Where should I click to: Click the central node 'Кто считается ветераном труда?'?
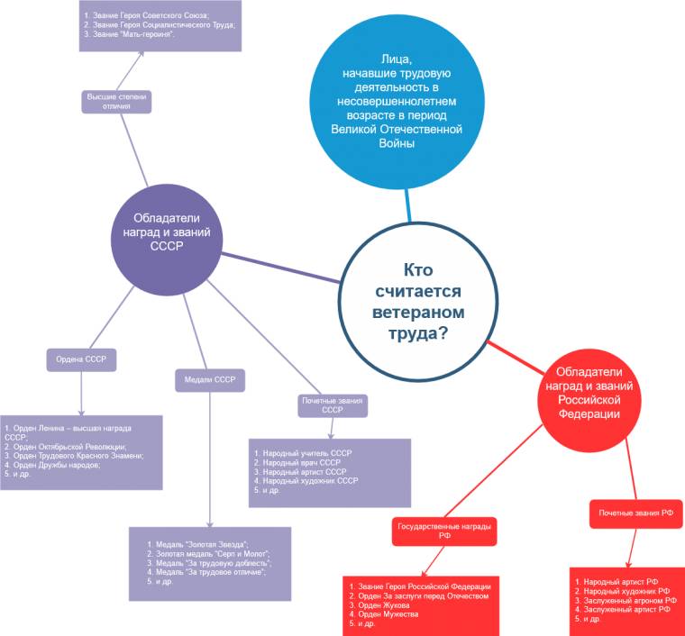pyautogui.click(x=418, y=301)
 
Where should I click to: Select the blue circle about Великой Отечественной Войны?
pyautogui.click(x=397, y=101)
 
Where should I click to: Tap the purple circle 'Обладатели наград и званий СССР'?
pyautogui.click(x=167, y=240)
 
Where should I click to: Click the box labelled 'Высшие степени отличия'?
pyautogui.click(x=116, y=101)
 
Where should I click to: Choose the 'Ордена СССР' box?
pyautogui.click(x=81, y=359)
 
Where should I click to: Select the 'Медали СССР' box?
pyautogui.click(x=210, y=380)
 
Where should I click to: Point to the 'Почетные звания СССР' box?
pyautogui.click(x=333, y=405)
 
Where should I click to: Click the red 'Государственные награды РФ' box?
pyautogui.click(x=444, y=532)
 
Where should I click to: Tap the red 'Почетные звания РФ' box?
pyautogui.click(x=635, y=513)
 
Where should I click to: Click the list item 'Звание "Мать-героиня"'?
pyautogui.click(x=129, y=34)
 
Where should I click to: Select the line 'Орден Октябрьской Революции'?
pyautogui.click(x=66, y=447)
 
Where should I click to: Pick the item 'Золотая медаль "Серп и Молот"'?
pyautogui.click(x=209, y=554)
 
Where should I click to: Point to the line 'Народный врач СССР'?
pyautogui.click(x=297, y=463)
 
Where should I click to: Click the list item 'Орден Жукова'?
pyautogui.click(x=379, y=605)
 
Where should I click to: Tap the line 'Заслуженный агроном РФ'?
pyautogui.click(x=626, y=601)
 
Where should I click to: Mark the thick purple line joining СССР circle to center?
pyautogui.click(x=280, y=268)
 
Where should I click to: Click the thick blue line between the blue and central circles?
pyautogui.click(x=408, y=205)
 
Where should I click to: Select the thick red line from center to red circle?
pyautogui.click(x=516, y=358)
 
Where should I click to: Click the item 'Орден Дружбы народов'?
pyautogui.click(x=52, y=465)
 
